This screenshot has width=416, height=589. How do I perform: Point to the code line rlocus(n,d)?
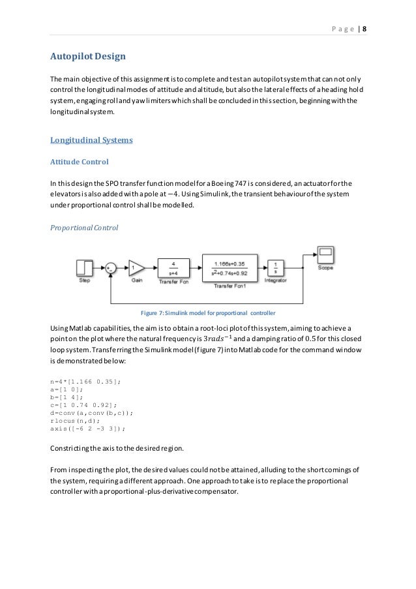click(x=74, y=421)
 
